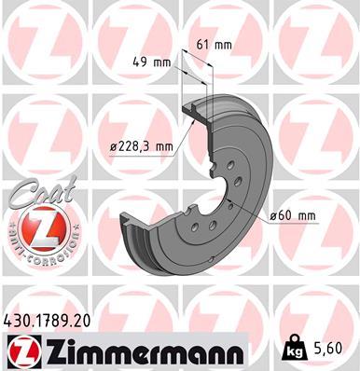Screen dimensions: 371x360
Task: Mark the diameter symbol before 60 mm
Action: click(273, 216)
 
